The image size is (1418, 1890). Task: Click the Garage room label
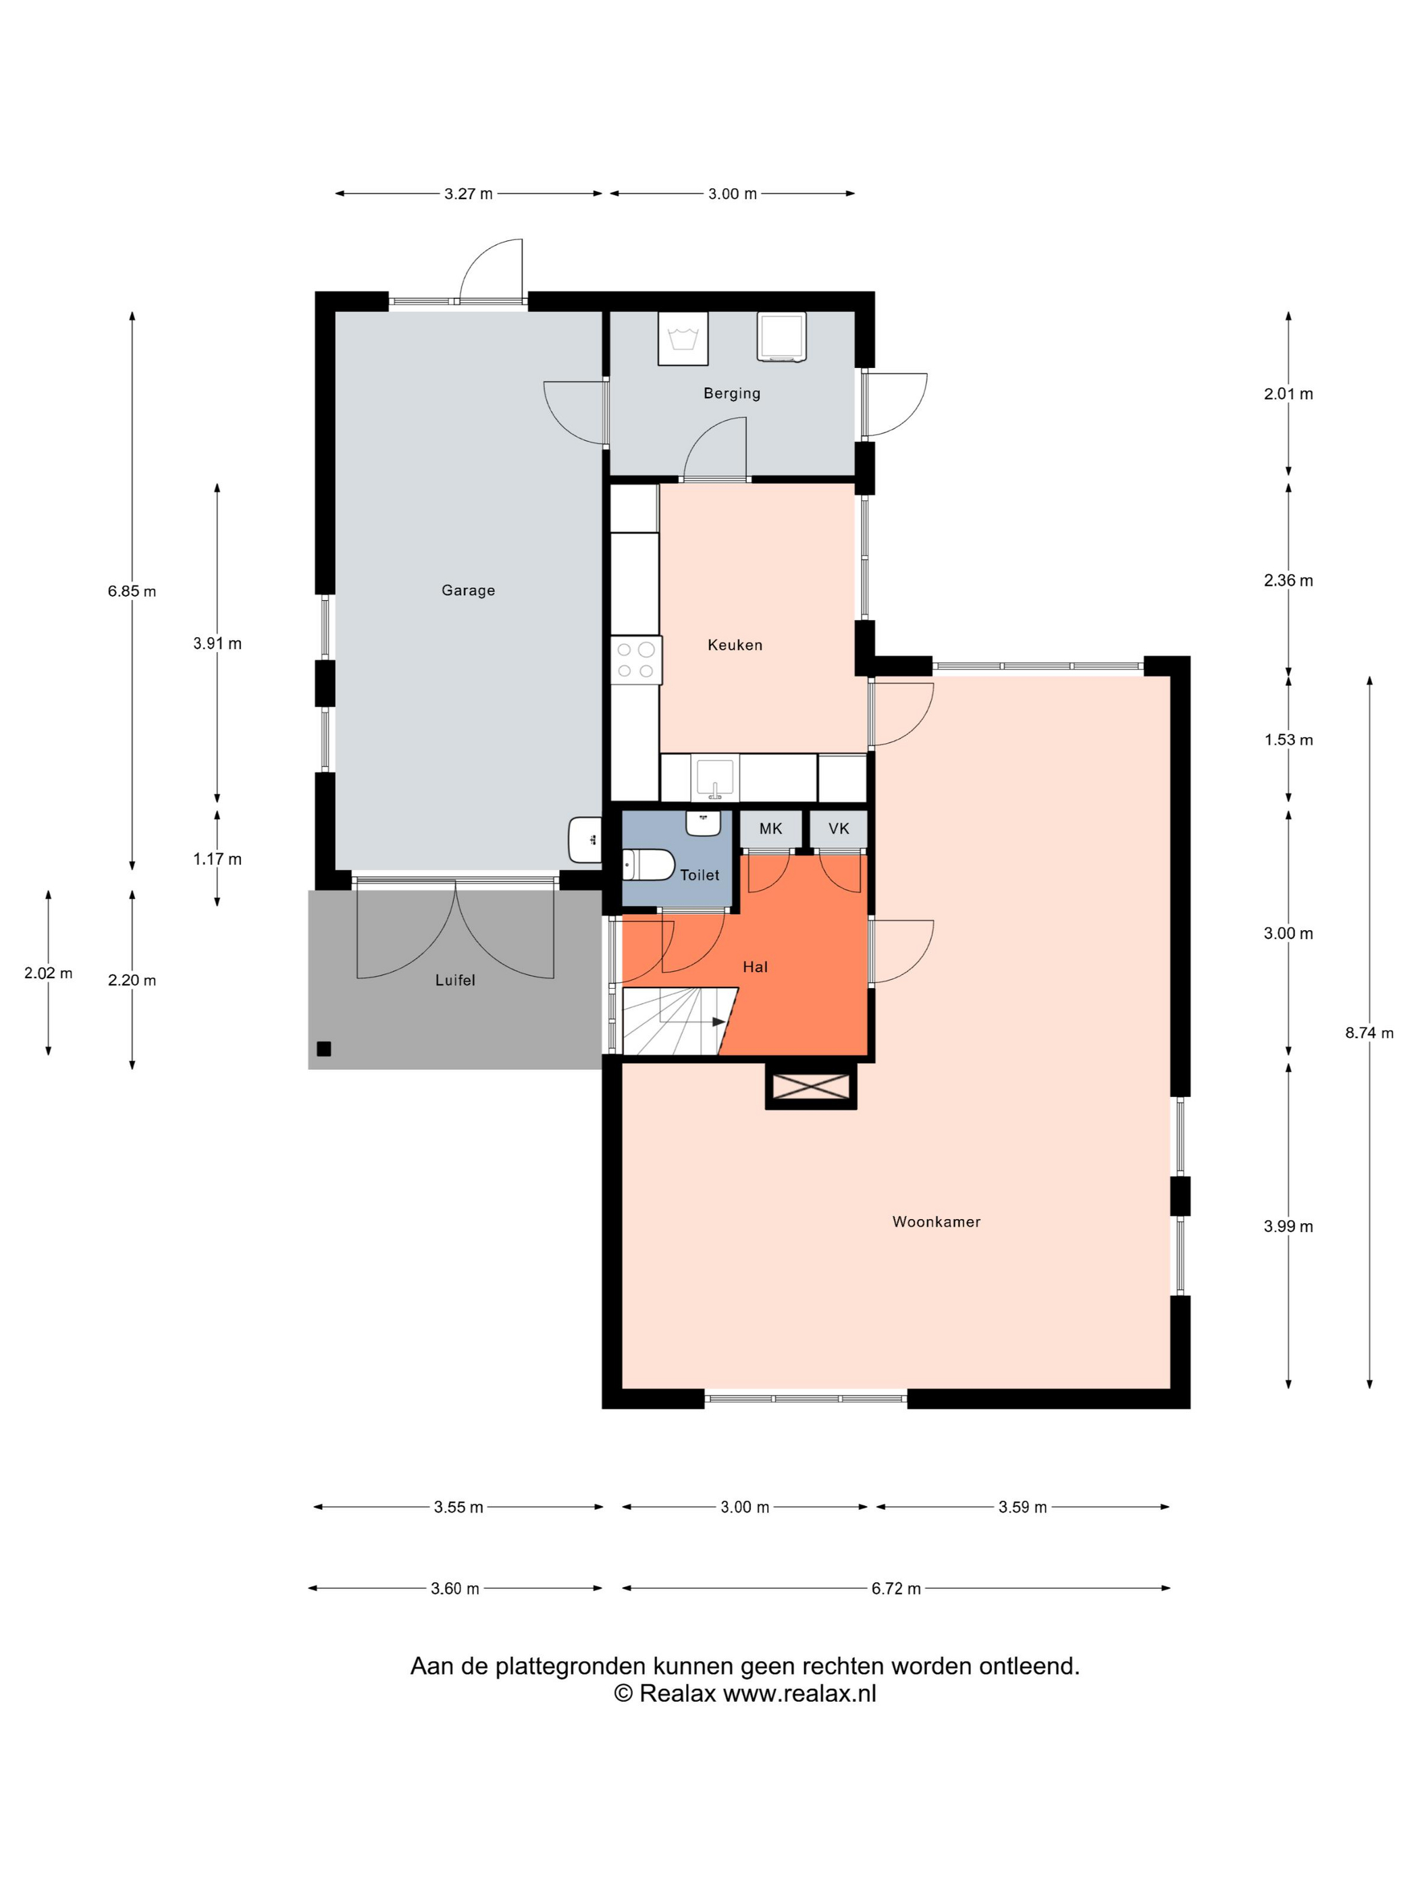tap(467, 591)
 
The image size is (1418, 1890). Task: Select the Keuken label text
tap(734, 645)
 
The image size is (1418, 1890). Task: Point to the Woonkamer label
tap(935, 1222)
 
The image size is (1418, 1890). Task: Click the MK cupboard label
tap(770, 829)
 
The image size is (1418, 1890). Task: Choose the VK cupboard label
tap(839, 829)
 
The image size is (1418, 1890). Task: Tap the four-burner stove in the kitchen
tap(636, 659)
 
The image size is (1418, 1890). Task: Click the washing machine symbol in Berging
tap(682, 338)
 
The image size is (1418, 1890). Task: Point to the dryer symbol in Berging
tap(781, 337)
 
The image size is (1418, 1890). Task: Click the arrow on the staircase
tap(716, 1021)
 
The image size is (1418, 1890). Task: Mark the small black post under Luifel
tap(323, 1049)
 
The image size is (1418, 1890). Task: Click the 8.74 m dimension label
tap(1369, 1033)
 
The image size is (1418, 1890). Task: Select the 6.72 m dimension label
tap(896, 1589)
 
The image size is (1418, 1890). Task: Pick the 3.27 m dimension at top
tap(467, 194)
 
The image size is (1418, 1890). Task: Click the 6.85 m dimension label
tap(132, 591)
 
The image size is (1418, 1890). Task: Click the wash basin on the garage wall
tap(585, 840)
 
